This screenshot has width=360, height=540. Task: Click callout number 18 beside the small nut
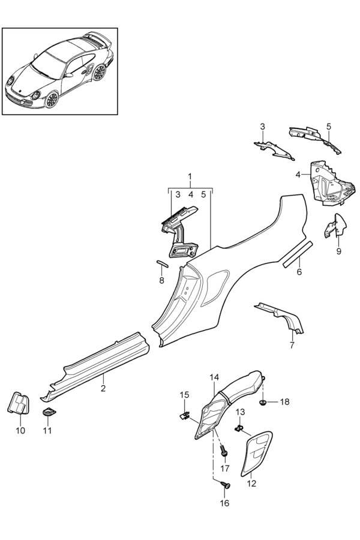click(284, 402)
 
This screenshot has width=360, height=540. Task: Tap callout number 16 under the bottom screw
click(224, 503)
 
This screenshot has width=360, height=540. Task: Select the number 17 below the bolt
click(224, 469)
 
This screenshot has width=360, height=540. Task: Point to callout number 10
click(20, 430)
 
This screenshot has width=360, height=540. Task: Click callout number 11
click(47, 430)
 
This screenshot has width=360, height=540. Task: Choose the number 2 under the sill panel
click(103, 388)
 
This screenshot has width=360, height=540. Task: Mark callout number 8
click(161, 280)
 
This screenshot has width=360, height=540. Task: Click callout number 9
click(338, 251)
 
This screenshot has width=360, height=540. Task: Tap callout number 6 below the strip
click(299, 272)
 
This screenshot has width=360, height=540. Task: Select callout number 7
click(292, 345)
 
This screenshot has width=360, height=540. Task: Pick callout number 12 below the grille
click(252, 484)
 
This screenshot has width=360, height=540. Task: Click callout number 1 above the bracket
click(190, 176)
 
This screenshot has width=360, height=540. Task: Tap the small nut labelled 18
click(262, 402)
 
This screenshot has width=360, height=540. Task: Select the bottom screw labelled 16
click(227, 485)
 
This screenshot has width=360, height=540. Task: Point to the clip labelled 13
click(238, 428)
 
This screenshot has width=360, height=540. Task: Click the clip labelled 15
click(185, 415)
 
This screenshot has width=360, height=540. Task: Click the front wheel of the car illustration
click(52, 99)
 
